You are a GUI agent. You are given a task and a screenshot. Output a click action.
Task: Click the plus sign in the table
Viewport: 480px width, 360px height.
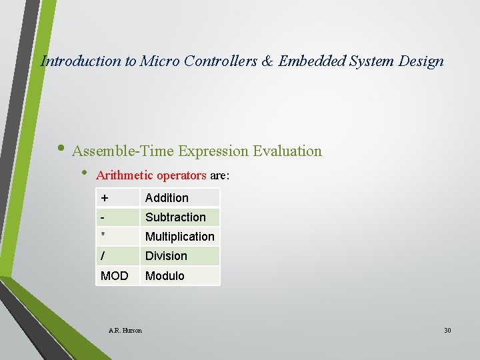point(105,198)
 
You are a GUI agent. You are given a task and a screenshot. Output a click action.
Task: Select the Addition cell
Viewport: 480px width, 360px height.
point(167,198)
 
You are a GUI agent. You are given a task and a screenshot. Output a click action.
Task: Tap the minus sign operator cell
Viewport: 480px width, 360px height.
point(103,217)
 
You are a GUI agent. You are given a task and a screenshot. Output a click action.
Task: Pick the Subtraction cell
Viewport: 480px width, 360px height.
point(175,217)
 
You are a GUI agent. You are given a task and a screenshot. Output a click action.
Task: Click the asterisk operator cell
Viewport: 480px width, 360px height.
point(103,237)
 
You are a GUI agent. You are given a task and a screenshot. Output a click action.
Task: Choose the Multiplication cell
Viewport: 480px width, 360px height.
point(179,237)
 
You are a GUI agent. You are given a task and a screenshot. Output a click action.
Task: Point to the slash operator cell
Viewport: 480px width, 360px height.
point(103,256)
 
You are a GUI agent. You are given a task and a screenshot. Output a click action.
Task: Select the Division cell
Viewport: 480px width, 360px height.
point(166,256)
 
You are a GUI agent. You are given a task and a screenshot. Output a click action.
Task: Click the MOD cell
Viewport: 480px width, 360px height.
point(114,276)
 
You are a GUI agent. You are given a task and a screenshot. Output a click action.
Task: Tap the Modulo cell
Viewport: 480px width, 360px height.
point(165,276)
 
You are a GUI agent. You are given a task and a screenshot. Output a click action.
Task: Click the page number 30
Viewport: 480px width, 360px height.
point(447,330)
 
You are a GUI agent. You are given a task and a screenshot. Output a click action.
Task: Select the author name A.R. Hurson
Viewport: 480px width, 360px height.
point(125,330)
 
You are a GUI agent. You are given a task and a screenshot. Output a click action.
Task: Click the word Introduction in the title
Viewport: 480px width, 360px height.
point(81,61)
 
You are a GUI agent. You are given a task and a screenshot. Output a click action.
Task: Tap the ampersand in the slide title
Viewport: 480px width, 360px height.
point(267,61)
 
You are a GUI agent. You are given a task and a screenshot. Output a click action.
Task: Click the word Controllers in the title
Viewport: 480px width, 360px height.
point(219,61)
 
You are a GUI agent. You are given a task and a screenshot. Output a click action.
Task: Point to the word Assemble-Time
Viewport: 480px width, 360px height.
point(123,151)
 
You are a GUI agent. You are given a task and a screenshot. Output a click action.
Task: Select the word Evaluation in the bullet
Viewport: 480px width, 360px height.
point(287,151)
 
